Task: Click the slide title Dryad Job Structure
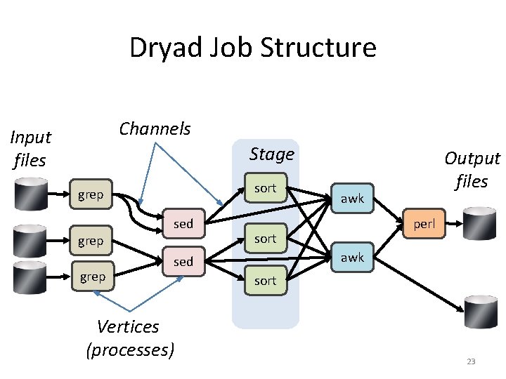coord(252,48)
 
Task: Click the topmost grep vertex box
coord(91,194)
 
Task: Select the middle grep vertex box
coord(91,241)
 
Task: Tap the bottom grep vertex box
coord(93,277)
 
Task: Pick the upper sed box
coord(183,224)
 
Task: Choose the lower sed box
coord(183,262)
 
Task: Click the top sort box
coord(265,188)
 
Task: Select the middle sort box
coord(265,239)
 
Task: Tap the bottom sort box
coord(265,281)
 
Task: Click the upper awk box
coord(352,199)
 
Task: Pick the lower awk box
coord(352,258)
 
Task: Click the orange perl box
coord(424,225)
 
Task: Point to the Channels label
coord(155,129)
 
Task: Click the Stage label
coord(272,154)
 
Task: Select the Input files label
coord(30,149)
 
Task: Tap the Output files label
coord(472,170)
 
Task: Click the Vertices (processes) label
coord(129,338)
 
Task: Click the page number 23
coord(471,361)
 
